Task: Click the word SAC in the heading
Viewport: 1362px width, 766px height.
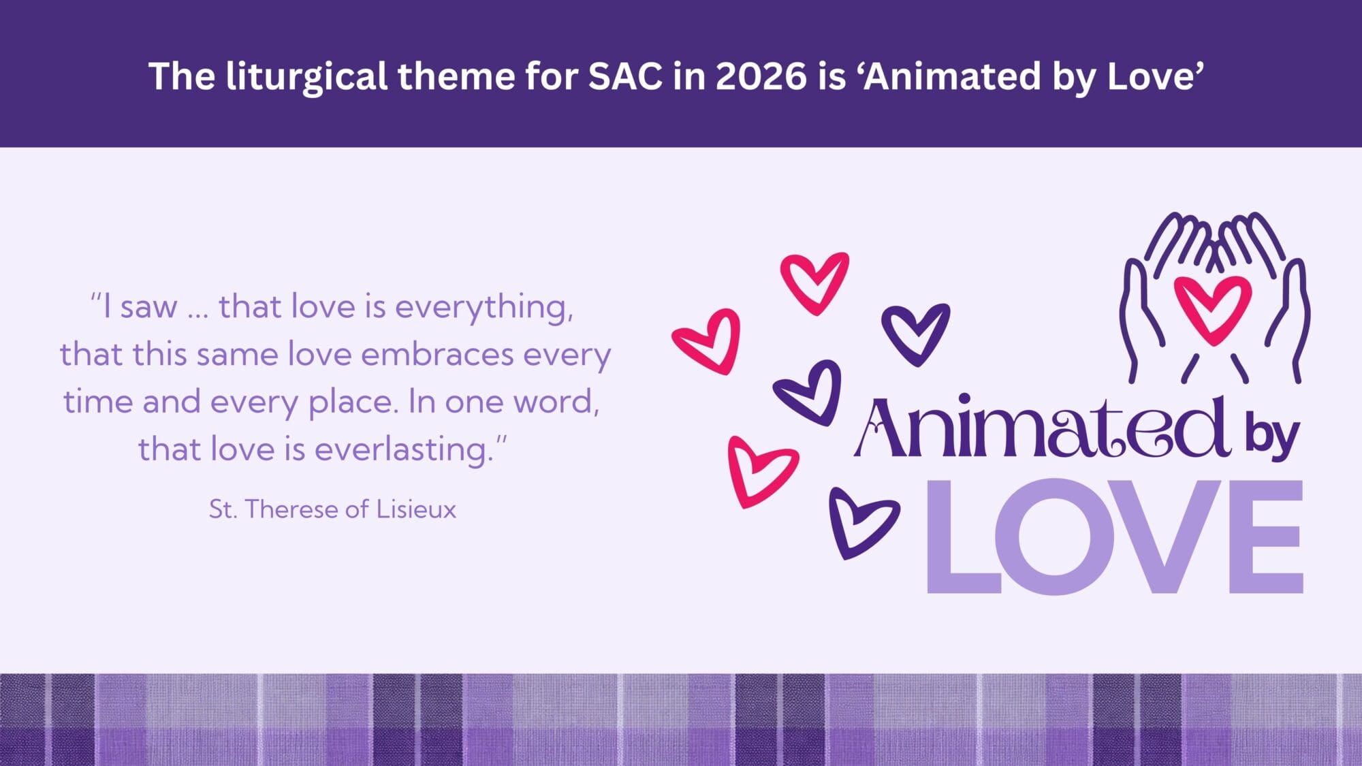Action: tap(625, 76)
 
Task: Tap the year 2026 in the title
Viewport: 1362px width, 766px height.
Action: tap(761, 76)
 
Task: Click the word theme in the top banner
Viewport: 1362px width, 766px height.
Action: tap(456, 76)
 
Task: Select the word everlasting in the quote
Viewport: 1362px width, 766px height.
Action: tap(404, 450)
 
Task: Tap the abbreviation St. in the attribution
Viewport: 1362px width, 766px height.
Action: tap(223, 509)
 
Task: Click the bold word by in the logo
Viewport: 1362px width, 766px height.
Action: tap(1272, 436)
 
